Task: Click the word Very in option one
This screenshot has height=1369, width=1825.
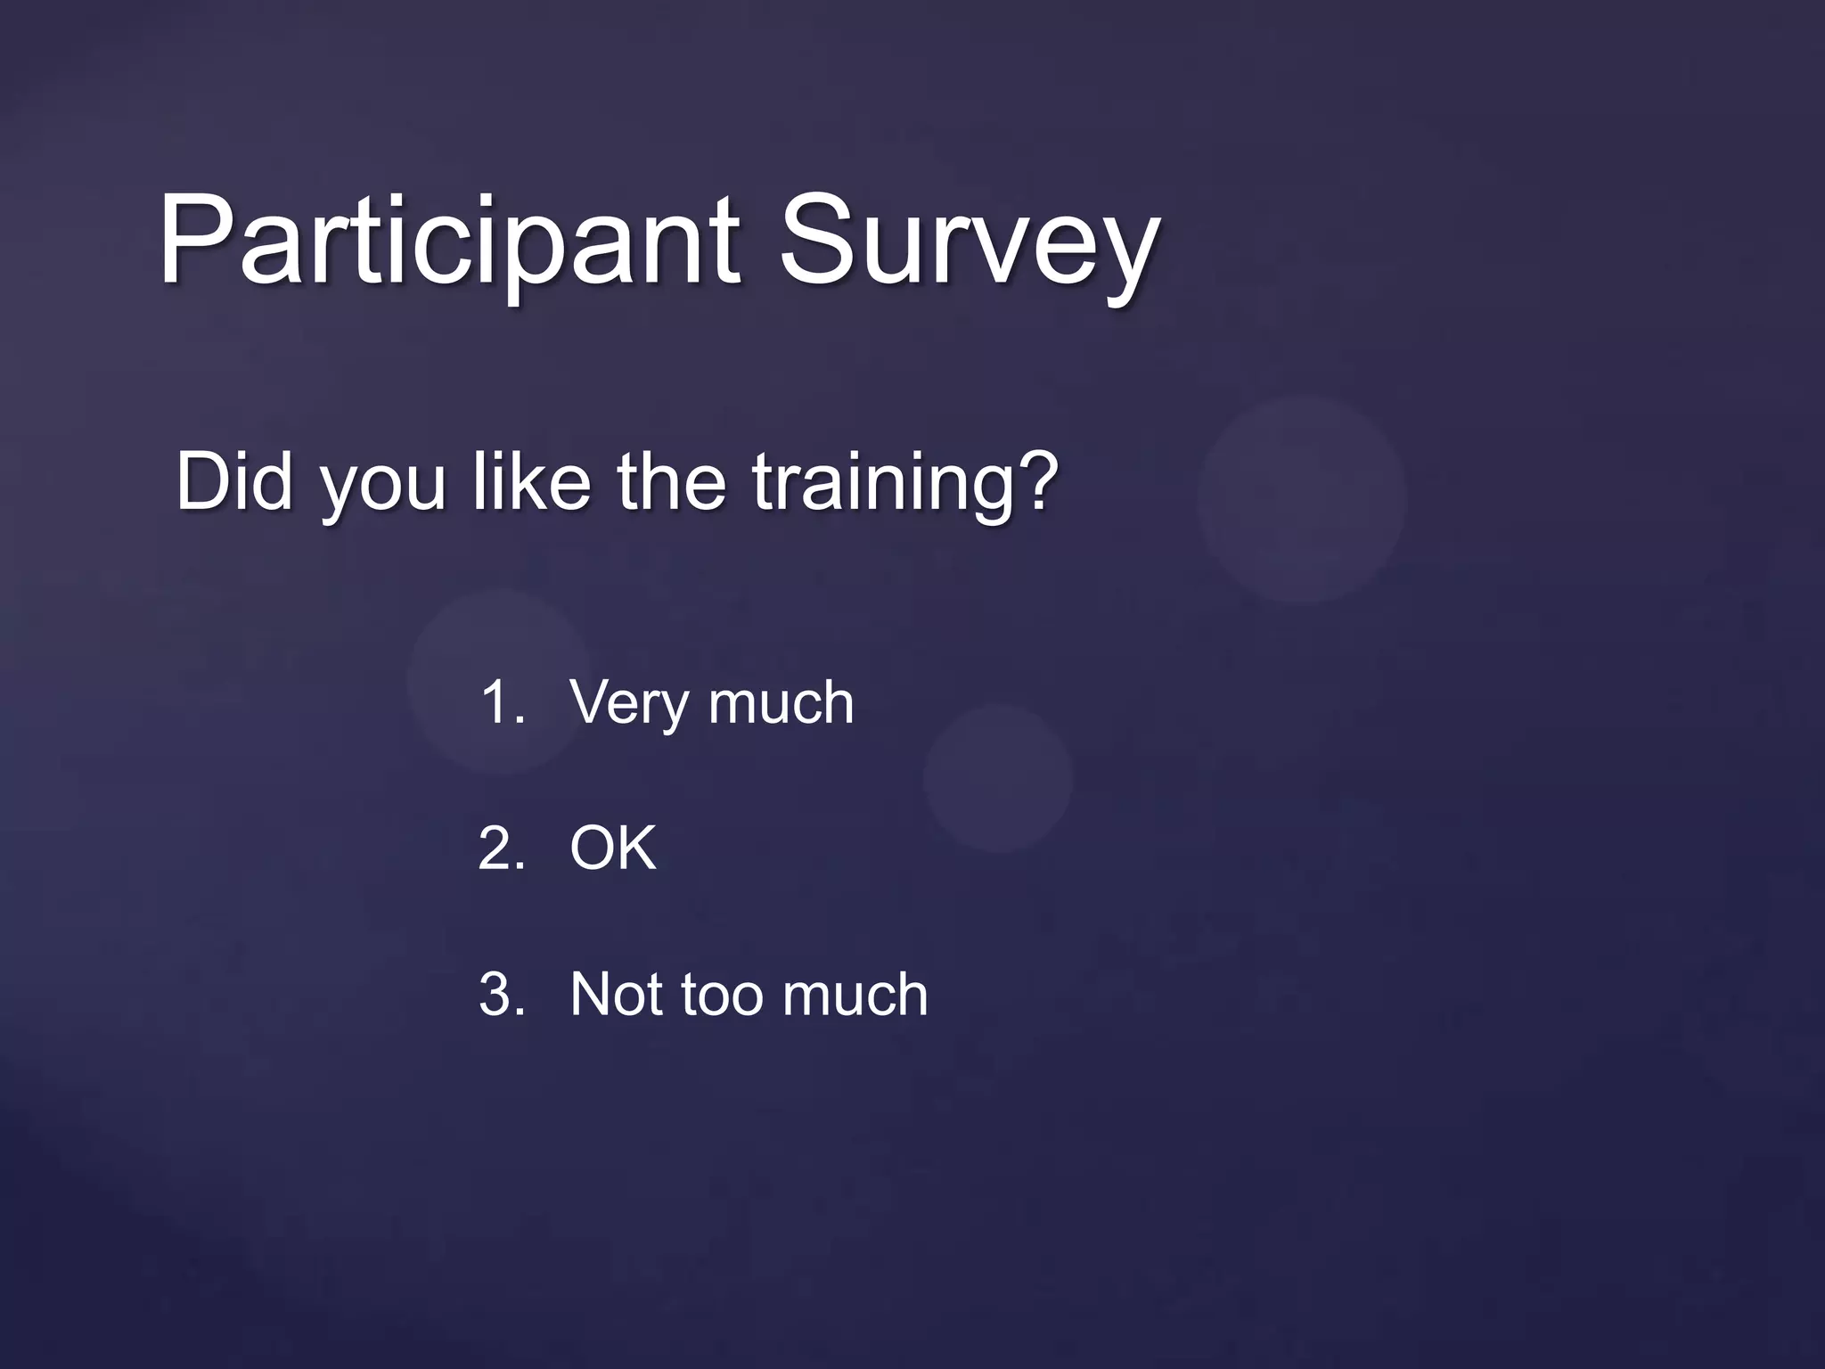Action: pyautogui.click(x=629, y=704)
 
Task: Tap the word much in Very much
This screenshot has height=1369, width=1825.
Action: pyautogui.click(x=782, y=702)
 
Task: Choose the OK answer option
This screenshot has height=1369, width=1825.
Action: pyautogui.click(x=613, y=848)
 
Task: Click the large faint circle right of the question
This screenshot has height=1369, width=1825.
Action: pyautogui.click(x=1301, y=499)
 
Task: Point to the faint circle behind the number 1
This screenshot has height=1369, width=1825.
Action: pyautogui.click(x=499, y=682)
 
